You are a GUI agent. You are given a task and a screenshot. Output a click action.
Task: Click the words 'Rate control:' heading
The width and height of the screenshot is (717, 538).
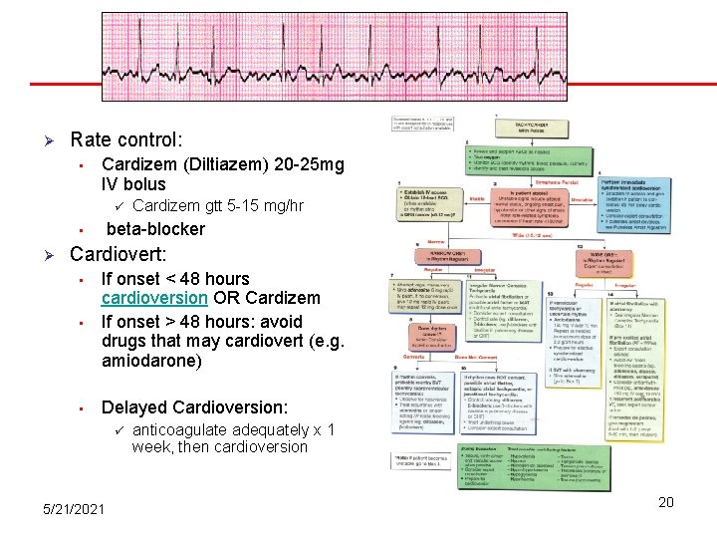pos(126,140)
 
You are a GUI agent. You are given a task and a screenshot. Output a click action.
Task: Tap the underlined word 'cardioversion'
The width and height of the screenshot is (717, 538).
pos(154,299)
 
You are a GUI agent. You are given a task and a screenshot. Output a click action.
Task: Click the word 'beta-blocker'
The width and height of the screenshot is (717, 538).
pos(155,228)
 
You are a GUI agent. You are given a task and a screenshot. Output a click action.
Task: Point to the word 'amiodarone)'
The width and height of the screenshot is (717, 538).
pos(150,361)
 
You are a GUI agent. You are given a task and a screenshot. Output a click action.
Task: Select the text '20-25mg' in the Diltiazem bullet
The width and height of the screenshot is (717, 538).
pos(313,164)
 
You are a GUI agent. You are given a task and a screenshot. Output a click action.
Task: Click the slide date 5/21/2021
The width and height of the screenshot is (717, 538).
pos(75,509)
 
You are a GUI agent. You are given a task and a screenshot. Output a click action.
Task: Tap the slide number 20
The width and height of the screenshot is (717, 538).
pos(666,502)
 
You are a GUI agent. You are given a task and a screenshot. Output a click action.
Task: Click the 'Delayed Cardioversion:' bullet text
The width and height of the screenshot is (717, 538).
pos(195,407)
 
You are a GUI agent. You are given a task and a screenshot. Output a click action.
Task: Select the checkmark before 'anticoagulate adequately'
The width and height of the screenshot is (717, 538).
pos(117,430)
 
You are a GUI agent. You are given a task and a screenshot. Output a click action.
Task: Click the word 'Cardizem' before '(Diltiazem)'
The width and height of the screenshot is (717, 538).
pos(138,164)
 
